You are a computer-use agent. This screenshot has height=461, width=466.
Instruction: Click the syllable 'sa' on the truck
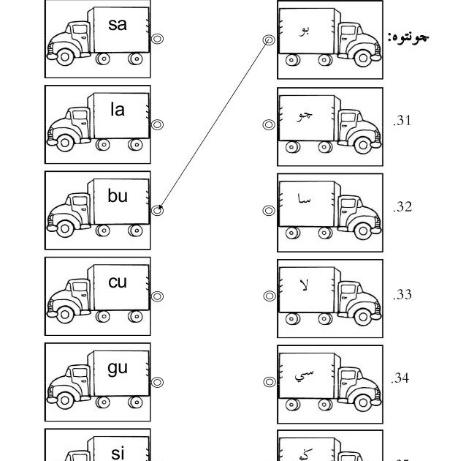118,24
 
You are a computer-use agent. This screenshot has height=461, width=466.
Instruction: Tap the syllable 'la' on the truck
118,110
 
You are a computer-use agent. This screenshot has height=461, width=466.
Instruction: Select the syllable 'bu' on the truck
118,195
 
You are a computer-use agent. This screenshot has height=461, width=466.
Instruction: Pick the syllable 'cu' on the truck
118,282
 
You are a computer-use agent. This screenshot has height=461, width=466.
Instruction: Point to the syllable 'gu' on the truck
118,367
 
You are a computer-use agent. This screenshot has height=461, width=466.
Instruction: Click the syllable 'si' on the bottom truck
118,453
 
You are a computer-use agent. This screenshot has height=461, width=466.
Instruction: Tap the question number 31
402,121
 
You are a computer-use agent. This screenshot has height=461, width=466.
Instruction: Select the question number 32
402,207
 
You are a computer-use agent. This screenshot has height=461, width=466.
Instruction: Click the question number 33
402,295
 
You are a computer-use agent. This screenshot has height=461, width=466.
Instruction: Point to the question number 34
400,378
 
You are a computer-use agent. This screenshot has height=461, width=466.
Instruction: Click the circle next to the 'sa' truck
157,40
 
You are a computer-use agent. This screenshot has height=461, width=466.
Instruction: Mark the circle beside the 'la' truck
157,124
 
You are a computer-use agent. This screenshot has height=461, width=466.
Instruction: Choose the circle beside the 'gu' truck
157,382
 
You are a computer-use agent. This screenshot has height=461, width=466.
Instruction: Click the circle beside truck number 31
268,125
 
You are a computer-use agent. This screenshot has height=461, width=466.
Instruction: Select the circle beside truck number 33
268,296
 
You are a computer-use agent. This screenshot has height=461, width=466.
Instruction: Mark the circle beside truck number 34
268,382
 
